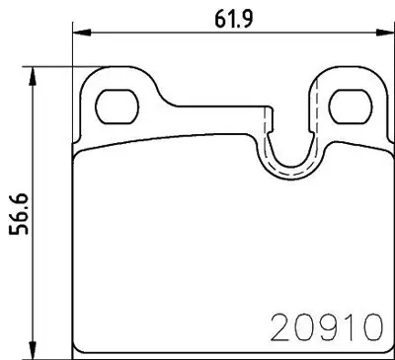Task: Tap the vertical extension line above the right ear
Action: coord(382,49)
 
